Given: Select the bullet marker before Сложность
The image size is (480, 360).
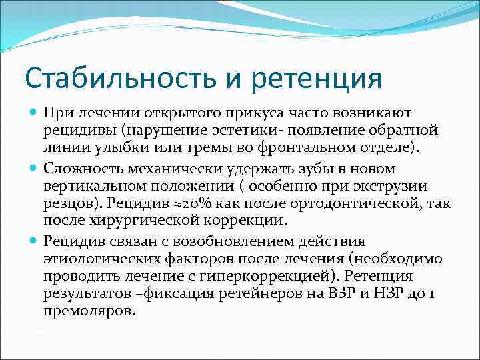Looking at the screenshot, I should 34,169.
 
